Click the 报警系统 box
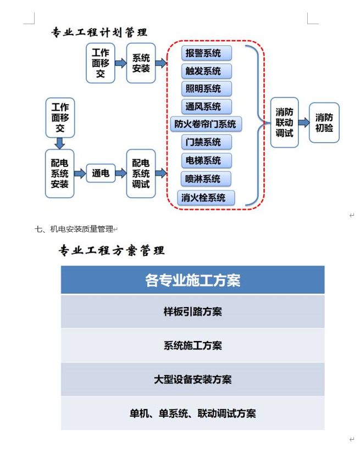tap(206, 53)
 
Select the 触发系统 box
tap(206, 71)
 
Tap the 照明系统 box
tap(206, 88)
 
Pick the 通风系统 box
tap(206, 106)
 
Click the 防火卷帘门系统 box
tap(206, 124)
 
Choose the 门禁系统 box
tap(206, 142)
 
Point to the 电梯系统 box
tap(206, 160)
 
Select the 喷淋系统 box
tap(206, 178)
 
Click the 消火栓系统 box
tap(206, 197)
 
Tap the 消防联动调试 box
tap(284, 122)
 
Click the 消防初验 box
tap(324, 122)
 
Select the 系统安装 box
tap(141, 63)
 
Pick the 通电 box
tap(101, 174)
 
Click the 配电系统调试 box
tap(141, 174)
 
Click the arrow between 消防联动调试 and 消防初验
tap(304, 122)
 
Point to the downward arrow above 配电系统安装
tap(59, 143)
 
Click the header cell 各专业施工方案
tap(192, 280)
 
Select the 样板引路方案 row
tap(192, 311)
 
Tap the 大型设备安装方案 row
tap(192, 379)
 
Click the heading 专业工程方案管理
tap(112, 251)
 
